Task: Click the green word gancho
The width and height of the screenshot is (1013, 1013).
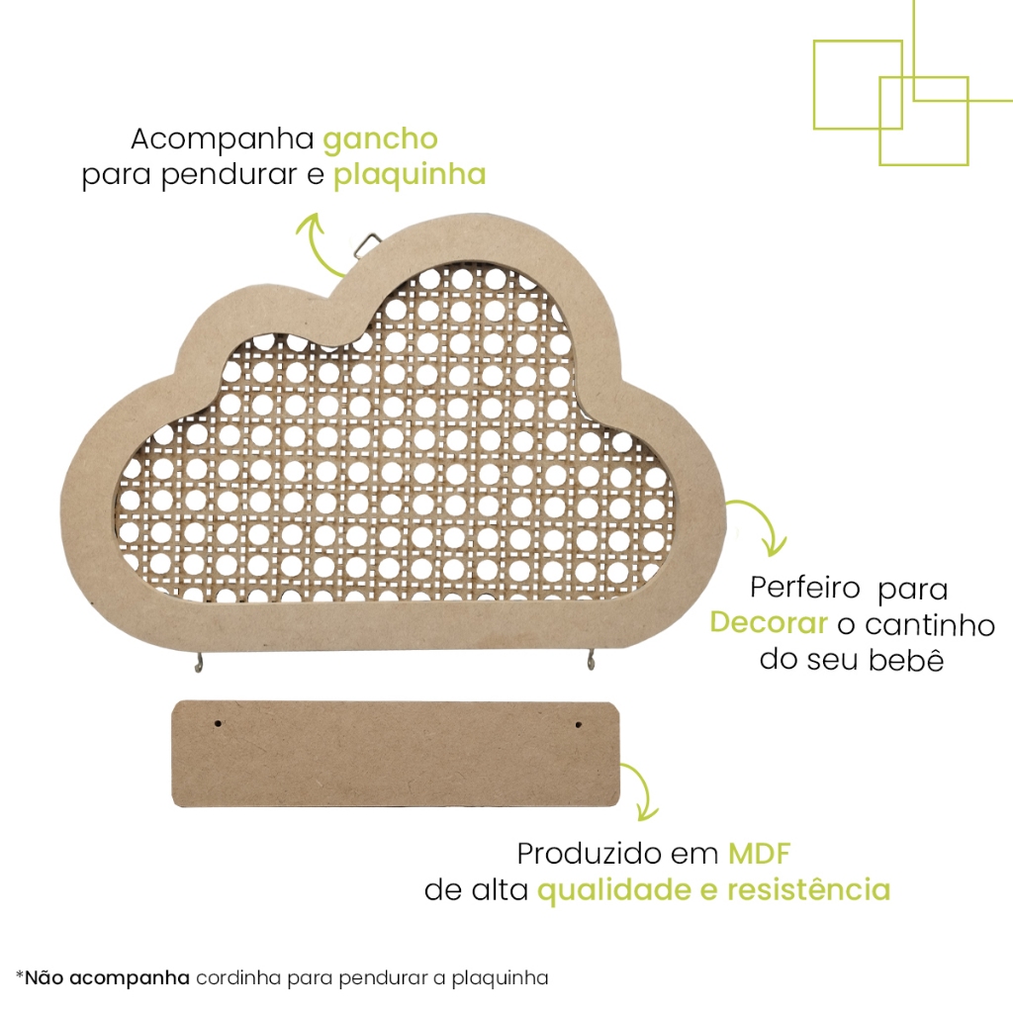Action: [380, 138]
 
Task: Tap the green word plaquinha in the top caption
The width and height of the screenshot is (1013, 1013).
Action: [410, 176]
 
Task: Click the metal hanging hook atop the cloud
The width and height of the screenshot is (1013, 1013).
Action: [369, 243]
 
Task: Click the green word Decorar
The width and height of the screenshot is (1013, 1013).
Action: [769, 623]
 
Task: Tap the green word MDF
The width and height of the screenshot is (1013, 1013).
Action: [761, 853]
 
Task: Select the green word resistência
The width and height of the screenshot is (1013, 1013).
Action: [808, 889]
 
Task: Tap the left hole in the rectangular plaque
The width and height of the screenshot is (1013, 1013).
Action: [219, 724]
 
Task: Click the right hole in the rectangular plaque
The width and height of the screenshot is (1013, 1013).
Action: [576, 726]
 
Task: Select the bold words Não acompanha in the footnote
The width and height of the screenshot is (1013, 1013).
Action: [107, 978]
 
